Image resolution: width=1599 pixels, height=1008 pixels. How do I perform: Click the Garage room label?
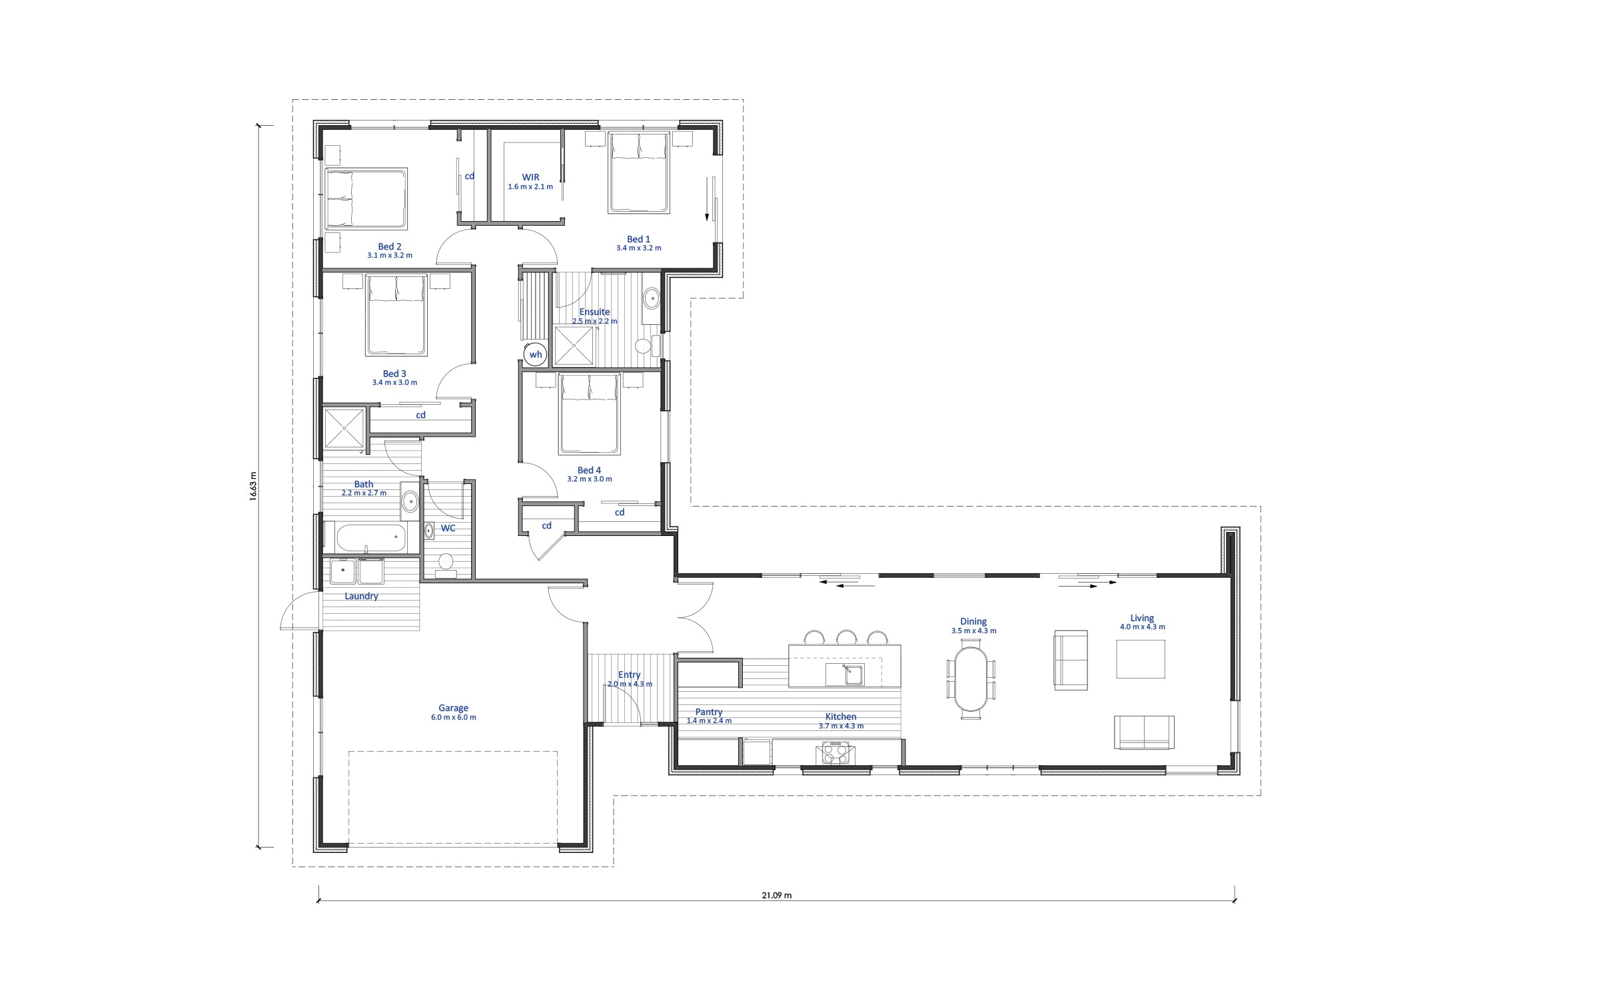pos(453,708)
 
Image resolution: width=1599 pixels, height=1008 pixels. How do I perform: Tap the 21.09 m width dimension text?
pos(777,895)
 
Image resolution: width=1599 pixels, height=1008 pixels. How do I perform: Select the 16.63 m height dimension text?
pos(253,486)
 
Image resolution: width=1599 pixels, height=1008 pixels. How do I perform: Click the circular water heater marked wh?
pos(535,354)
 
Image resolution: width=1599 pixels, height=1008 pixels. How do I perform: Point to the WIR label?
pos(530,177)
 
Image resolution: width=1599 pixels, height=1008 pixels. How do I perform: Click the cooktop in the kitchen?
pos(835,754)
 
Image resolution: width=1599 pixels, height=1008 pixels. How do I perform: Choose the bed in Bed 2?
pos(366,198)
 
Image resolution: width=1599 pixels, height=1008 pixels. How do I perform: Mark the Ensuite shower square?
pos(573,345)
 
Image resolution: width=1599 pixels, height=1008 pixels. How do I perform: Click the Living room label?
pos(1142,618)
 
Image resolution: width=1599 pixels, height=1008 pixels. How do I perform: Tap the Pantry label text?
pos(709,712)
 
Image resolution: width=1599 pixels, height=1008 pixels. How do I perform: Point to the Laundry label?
pos(361,596)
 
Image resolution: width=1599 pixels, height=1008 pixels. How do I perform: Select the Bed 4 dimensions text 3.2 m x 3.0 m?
pos(590,479)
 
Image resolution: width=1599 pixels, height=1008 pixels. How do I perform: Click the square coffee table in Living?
pos(1141,659)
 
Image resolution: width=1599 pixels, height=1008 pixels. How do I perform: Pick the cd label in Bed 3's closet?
pos(420,415)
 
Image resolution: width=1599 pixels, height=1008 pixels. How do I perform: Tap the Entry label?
pos(629,674)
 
